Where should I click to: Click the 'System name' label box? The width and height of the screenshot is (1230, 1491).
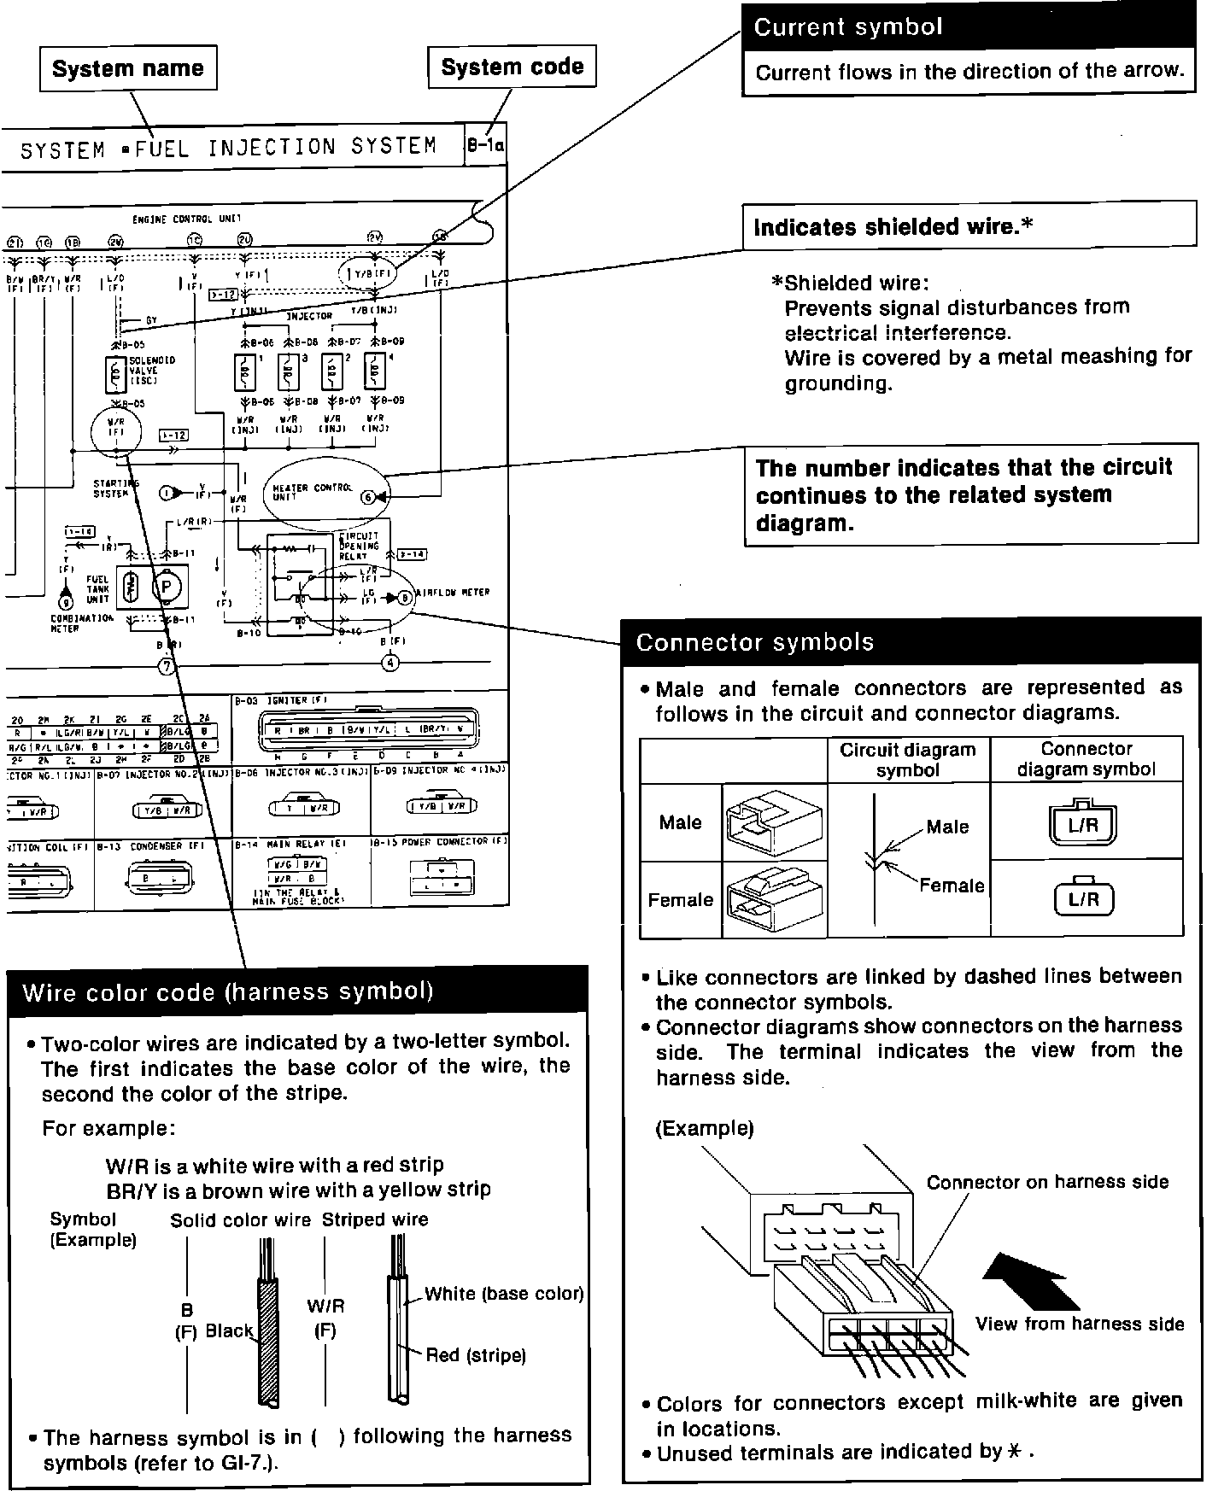click(x=128, y=68)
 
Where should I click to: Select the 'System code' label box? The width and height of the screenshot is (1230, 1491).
click(x=512, y=67)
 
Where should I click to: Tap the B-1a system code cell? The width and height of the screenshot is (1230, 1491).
click(x=485, y=147)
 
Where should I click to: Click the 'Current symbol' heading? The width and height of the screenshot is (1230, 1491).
click(x=848, y=26)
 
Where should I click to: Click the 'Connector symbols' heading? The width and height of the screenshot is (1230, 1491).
click(x=755, y=642)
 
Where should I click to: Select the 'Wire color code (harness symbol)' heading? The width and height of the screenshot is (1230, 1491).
click(x=228, y=991)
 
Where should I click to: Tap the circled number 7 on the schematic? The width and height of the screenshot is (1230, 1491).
click(x=167, y=665)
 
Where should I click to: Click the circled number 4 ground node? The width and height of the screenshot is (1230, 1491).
click(x=389, y=662)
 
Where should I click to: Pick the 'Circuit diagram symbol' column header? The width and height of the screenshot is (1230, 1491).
click(x=907, y=759)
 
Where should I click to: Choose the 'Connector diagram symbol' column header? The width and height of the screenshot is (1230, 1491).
click(x=1086, y=758)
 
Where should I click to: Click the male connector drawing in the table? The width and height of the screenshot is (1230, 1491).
click(x=774, y=822)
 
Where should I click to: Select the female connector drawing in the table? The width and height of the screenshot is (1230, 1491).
click(x=774, y=899)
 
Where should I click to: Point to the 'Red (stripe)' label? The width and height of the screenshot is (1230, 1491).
click(x=476, y=1355)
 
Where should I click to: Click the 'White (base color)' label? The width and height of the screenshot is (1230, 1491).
click(x=504, y=1294)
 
